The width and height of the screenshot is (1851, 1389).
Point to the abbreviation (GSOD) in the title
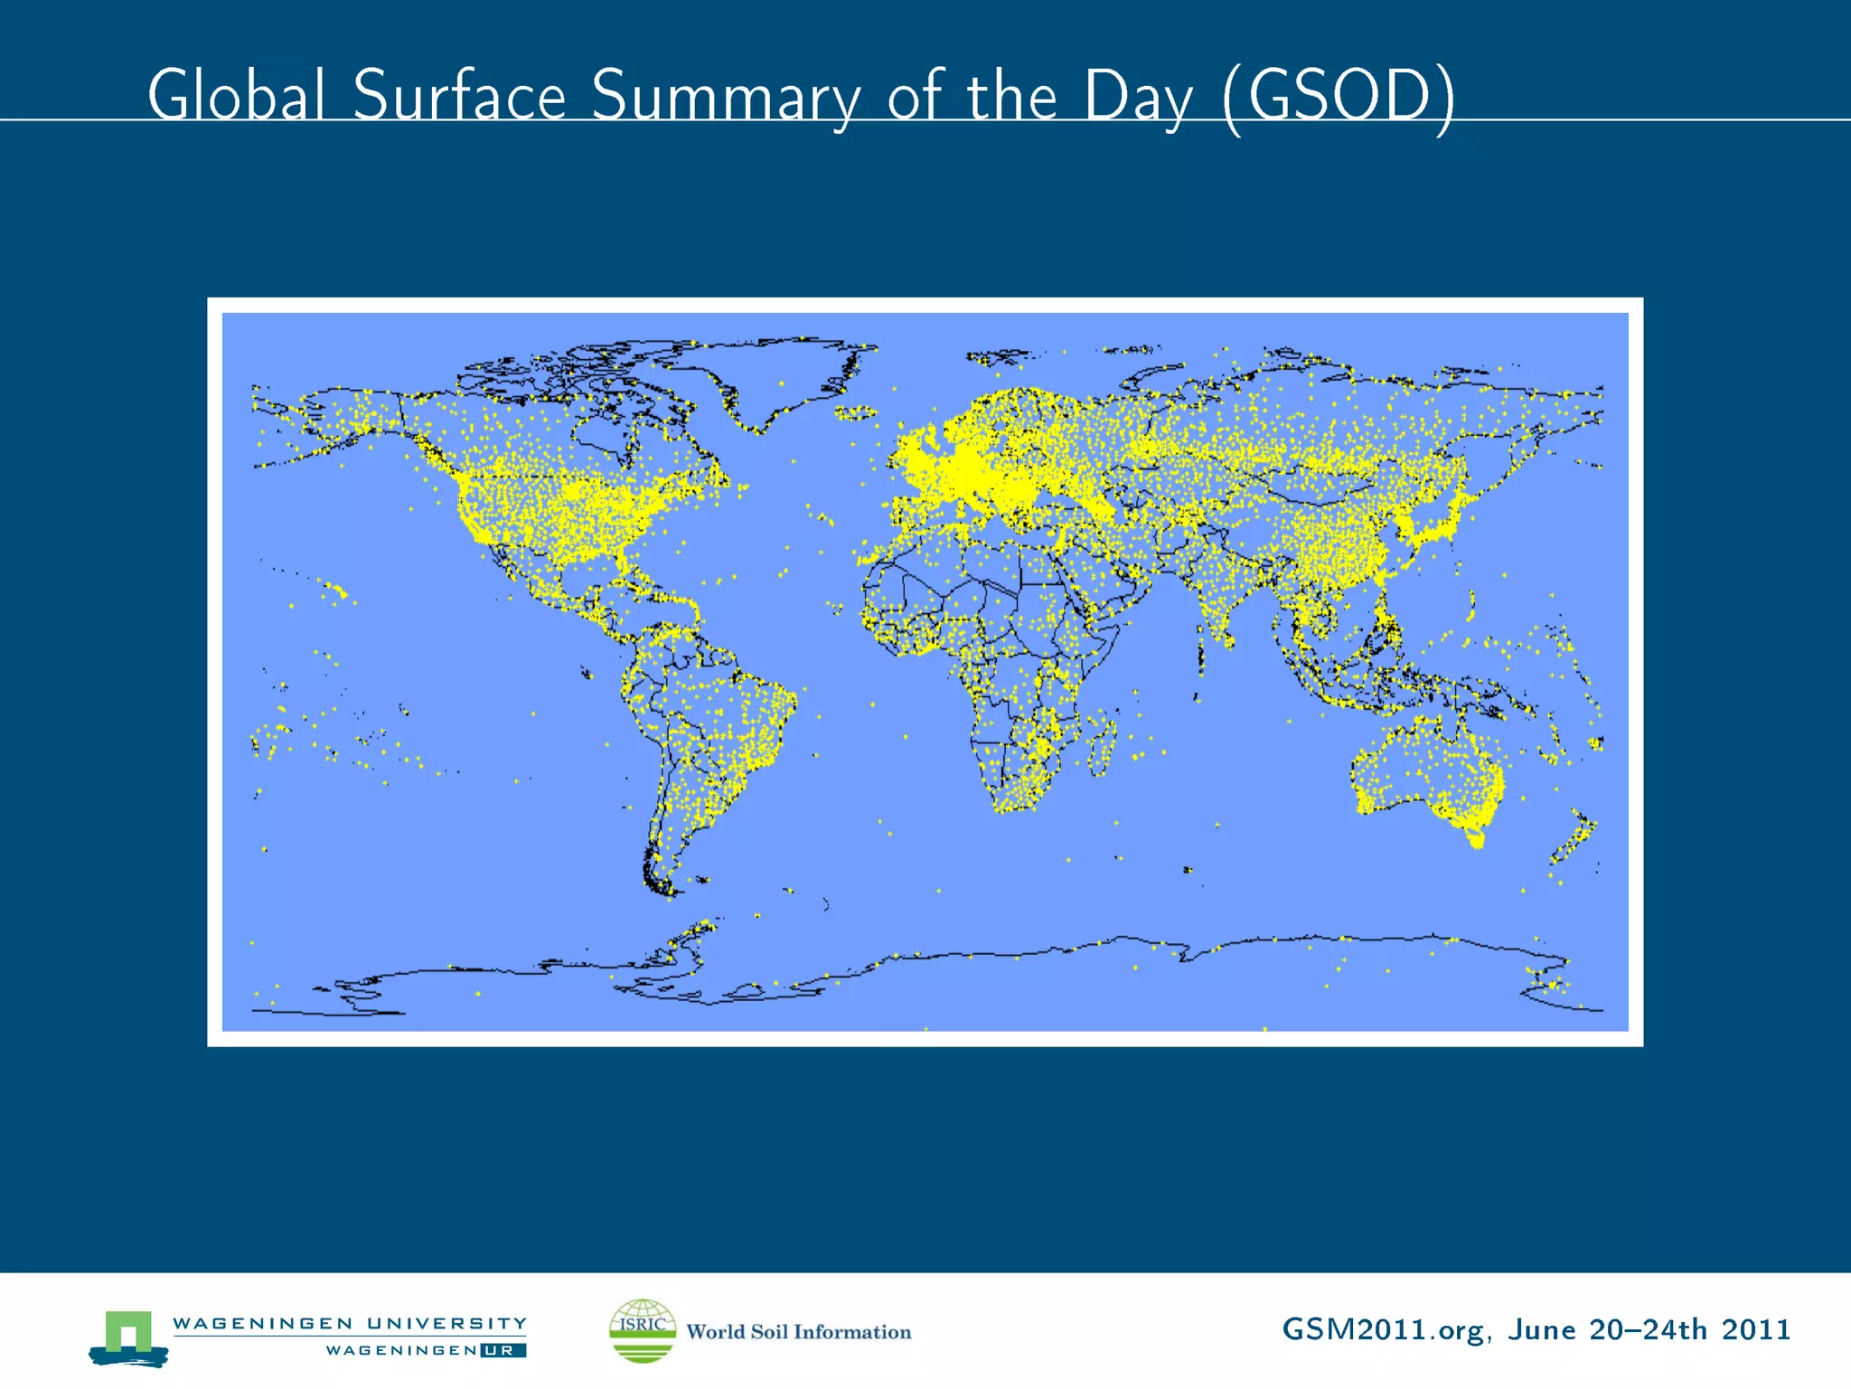click(1338, 96)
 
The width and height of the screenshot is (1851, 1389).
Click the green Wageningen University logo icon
click(128, 1337)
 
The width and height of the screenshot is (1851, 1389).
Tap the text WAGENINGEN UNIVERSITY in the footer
click(350, 1323)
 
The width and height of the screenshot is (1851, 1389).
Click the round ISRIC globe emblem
click(643, 1330)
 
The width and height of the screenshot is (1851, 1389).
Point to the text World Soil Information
click(799, 1332)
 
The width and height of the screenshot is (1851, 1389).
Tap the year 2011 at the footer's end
click(1755, 1329)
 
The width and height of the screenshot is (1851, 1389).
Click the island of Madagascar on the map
click(1101, 745)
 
